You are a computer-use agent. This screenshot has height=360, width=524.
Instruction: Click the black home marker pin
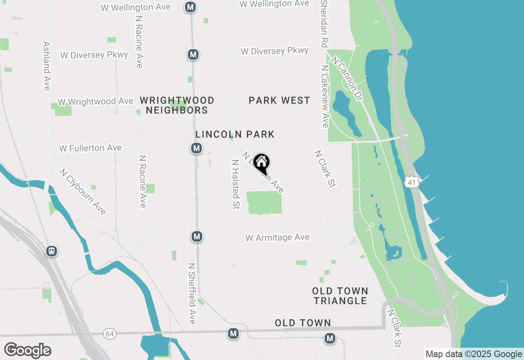261,163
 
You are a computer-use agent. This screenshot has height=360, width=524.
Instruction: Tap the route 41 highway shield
412,182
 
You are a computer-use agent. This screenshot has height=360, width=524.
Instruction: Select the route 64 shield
109,333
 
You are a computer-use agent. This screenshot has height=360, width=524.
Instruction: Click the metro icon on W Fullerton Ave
196,148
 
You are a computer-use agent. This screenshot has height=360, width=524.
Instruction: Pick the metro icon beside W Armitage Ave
197,236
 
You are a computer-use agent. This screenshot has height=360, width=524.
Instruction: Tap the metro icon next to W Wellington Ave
190,7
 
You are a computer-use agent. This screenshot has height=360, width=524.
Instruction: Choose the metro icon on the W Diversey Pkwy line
193,54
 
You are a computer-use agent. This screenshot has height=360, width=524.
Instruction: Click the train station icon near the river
52,251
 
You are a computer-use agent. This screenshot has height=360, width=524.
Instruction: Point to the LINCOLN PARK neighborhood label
235,134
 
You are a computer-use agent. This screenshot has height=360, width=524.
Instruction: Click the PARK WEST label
279,100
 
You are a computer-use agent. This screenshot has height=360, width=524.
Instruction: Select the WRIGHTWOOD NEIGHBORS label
177,105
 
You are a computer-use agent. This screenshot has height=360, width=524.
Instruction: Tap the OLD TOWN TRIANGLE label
340,296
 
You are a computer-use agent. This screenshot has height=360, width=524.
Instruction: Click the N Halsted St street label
235,184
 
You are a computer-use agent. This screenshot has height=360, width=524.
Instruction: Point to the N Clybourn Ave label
83,191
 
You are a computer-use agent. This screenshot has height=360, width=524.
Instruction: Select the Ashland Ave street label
46,65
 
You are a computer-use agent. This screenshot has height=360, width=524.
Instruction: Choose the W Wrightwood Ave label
95,101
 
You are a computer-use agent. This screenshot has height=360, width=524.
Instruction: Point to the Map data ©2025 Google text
474,354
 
